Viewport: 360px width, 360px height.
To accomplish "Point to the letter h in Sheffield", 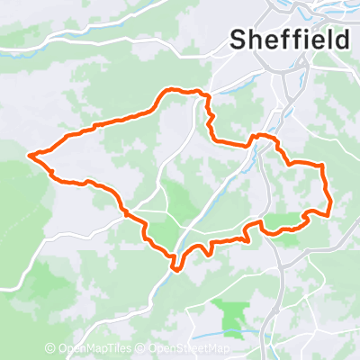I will tap(256, 39).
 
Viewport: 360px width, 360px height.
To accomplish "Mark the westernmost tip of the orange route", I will tap(31, 155).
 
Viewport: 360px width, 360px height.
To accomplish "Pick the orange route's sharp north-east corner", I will tap(322, 165).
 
